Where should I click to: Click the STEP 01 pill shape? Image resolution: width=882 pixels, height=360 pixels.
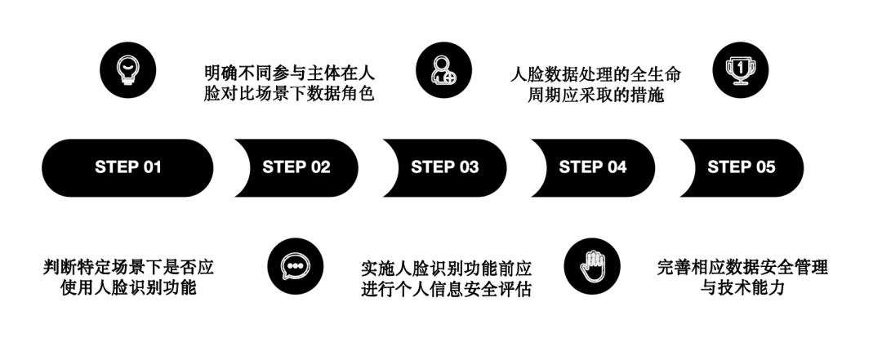pos(127,167)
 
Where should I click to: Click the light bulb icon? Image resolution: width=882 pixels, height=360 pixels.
pos(127,70)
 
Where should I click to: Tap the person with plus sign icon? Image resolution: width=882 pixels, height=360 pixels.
pos(443,70)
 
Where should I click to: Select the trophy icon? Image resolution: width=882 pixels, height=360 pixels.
pos(741,70)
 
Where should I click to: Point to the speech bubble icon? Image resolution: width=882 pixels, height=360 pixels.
pos(296,266)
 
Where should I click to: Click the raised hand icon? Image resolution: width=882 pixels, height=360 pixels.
pos(592,266)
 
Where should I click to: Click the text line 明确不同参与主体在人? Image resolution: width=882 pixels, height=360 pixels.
pos(289,73)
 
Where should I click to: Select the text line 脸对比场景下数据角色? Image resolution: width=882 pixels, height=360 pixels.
pos(289,94)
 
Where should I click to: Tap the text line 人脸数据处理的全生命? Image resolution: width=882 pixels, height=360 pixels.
pos(595,74)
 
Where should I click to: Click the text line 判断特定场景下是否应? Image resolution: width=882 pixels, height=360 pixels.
pos(128,267)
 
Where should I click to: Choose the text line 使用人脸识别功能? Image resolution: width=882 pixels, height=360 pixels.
pos(128,287)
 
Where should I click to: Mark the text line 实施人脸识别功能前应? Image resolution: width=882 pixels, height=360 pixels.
pos(447,269)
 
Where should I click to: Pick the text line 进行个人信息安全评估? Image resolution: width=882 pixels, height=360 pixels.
pos(447,289)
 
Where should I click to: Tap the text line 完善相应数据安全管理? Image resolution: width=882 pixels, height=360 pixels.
pos(742,267)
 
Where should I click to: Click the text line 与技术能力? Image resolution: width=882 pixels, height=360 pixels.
pos(742,287)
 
